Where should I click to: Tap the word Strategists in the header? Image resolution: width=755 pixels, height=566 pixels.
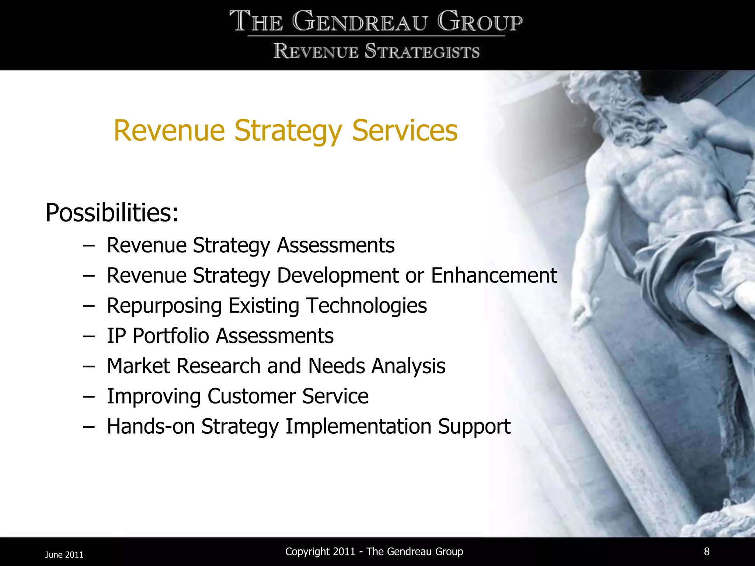coord(422,51)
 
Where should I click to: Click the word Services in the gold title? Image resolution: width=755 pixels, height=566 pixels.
coord(404,130)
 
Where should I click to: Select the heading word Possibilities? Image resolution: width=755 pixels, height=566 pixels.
coord(112,213)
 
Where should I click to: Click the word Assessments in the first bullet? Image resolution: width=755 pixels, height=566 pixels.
coord(335,245)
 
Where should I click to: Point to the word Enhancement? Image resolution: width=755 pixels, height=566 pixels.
coord(494,276)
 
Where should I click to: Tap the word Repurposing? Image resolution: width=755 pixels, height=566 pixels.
coord(164,306)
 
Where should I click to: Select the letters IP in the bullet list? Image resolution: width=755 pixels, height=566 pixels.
coord(116,336)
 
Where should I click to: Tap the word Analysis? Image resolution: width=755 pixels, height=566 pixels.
coord(408,366)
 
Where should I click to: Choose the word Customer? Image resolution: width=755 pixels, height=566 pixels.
coord(251,396)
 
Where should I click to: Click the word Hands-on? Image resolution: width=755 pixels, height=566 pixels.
coord(150,426)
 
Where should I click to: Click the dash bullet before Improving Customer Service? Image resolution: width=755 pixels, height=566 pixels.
coord(88,396)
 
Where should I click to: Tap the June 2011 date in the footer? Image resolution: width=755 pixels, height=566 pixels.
coord(64,555)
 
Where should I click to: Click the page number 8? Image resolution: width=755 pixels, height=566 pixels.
coord(706,551)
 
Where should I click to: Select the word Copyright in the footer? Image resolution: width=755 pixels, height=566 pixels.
coord(307,552)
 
